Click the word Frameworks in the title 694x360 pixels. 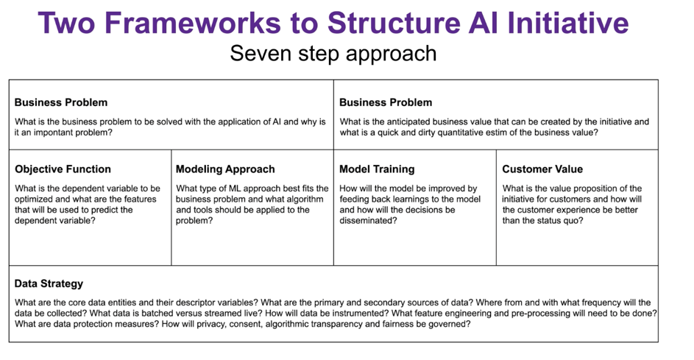[x=193, y=23]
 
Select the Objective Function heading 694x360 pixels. [x=63, y=169]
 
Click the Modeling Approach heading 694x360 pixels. [x=225, y=169]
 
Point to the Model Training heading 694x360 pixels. [x=377, y=169]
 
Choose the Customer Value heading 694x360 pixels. [x=542, y=169]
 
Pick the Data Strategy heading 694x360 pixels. [x=49, y=283]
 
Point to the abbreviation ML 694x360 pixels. [x=236, y=188]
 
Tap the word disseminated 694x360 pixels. [x=368, y=221]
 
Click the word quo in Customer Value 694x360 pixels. [x=575, y=221]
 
